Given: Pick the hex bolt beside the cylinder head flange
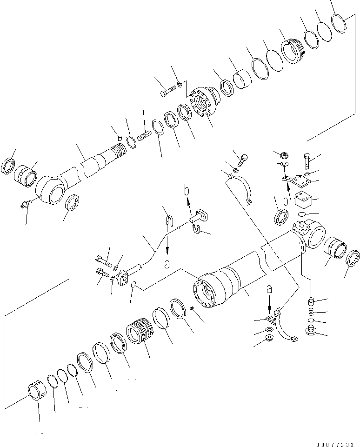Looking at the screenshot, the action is point(166,93).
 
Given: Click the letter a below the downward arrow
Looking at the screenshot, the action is point(167,264).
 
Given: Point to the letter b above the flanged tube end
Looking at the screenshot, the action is point(186,191).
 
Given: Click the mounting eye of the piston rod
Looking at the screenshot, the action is point(50,189).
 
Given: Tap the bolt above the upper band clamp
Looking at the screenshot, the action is point(242,159).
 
